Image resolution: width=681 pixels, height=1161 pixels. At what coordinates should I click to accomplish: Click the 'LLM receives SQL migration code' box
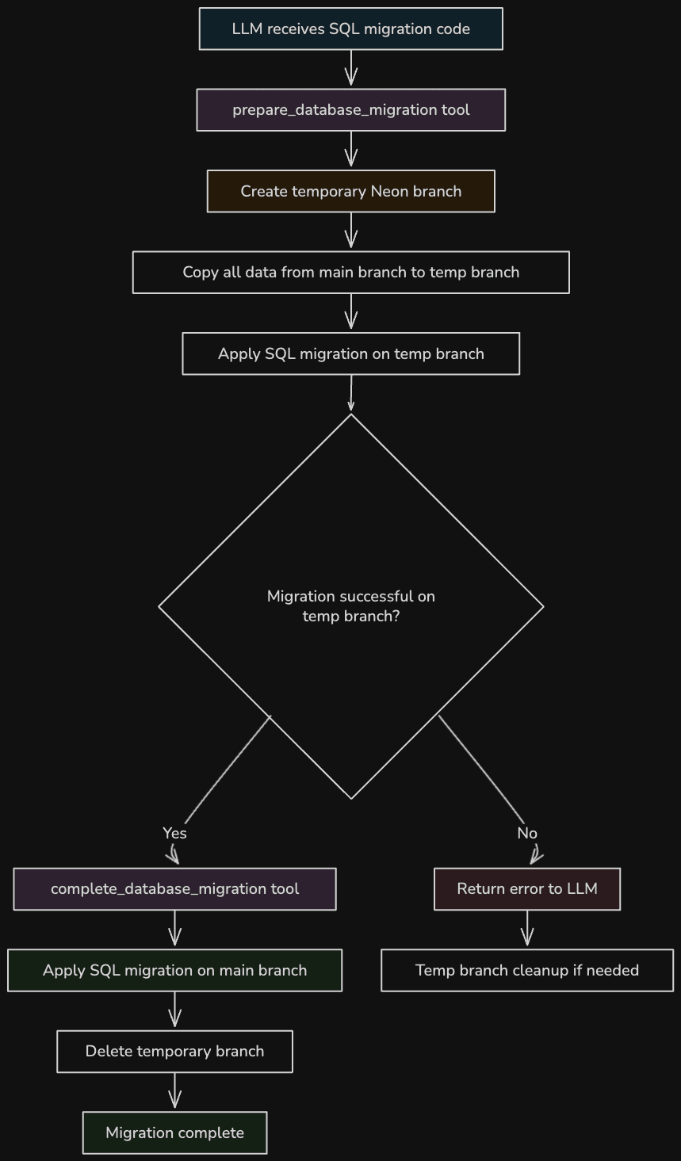(x=350, y=29)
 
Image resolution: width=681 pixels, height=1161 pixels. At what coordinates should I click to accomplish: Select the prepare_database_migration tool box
(x=350, y=110)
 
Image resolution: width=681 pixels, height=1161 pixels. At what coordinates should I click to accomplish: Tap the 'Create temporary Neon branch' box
(x=350, y=191)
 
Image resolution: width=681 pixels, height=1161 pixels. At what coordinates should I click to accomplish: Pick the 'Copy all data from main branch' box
(x=350, y=273)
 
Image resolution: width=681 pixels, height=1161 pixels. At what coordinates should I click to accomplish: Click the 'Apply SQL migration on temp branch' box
(x=350, y=353)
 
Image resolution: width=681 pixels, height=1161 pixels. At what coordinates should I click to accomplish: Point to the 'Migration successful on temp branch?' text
(x=350, y=606)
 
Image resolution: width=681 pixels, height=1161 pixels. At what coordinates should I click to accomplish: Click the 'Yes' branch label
(x=174, y=833)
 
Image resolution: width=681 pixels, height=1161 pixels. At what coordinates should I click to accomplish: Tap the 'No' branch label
(x=527, y=833)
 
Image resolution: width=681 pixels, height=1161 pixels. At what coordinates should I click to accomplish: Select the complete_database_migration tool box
(x=174, y=889)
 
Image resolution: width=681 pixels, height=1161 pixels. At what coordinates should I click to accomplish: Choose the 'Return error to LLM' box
(x=527, y=889)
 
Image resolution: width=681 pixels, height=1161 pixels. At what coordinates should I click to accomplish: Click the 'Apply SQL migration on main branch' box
(x=174, y=970)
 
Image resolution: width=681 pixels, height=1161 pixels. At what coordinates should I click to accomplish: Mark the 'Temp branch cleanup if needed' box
(x=527, y=970)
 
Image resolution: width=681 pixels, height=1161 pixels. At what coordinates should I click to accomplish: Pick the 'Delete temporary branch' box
(x=174, y=1052)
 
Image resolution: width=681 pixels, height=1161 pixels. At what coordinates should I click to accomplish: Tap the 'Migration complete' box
(x=174, y=1132)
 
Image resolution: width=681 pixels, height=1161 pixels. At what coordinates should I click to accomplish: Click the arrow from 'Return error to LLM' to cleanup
(x=527, y=930)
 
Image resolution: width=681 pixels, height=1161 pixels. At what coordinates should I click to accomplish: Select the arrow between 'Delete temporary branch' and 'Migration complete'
(x=174, y=1092)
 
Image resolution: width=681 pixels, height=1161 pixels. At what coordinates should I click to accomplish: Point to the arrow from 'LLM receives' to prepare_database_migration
(x=350, y=69)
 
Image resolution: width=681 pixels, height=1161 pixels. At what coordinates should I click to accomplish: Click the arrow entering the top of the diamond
(x=350, y=394)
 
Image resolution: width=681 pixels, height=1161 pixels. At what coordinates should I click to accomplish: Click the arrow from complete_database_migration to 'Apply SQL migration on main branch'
(x=174, y=930)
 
